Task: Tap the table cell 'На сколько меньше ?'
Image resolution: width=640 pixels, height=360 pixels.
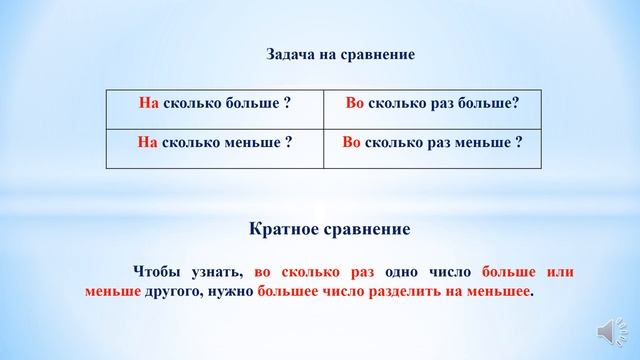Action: click(x=214, y=143)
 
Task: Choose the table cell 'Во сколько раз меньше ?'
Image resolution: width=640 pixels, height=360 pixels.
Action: click(x=432, y=143)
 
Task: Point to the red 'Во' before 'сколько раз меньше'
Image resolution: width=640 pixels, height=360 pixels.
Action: click(x=351, y=143)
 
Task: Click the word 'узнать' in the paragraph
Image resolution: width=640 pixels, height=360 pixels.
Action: click(x=220, y=272)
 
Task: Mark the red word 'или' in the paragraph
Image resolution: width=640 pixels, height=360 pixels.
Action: click(x=558, y=272)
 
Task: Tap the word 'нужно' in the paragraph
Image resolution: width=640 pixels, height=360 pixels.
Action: click(x=230, y=293)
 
